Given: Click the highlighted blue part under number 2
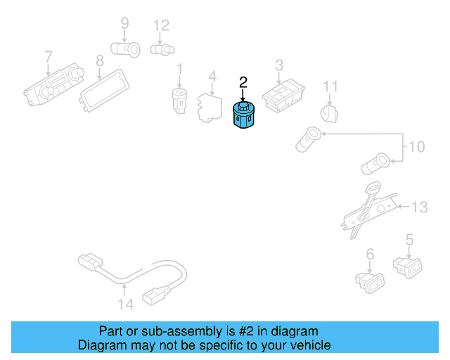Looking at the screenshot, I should (x=243, y=115).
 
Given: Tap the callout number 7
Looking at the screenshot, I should (x=49, y=56).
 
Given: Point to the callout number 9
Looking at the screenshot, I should (x=124, y=23).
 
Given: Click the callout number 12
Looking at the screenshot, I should (x=162, y=25).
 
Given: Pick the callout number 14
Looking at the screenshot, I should (x=125, y=304).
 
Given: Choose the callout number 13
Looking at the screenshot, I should (x=419, y=207).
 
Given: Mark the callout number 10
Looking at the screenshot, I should (x=417, y=147).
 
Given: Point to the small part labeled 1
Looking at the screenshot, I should (x=179, y=103).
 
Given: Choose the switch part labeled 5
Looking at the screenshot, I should (x=409, y=265).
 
